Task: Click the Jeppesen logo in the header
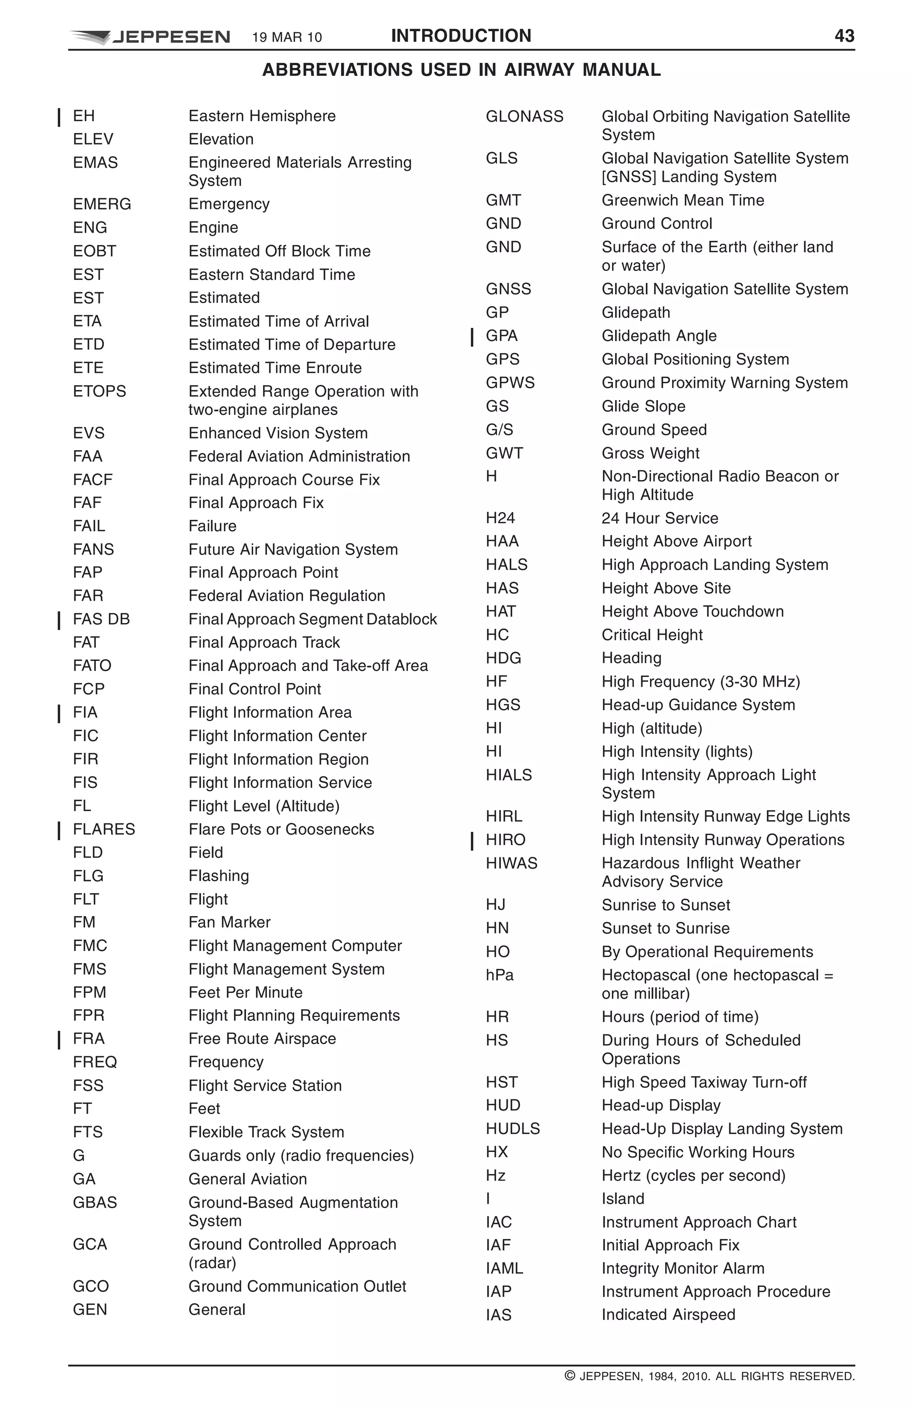(x=150, y=37)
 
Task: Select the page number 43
(x=844, y=36)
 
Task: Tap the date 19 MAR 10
(x=287, y=37)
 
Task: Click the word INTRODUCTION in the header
(x=461, y=36)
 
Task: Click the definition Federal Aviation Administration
(x=299, y=456)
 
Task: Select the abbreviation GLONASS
(x=524, y=116)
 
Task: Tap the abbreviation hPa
(x=499, y=975)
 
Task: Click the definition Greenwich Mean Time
(x=683, y=200)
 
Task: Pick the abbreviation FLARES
(x=104, y=829)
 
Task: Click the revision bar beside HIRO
(x=472, y=840)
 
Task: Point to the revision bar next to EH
(x=59, y=117)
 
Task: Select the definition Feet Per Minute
(x=245, y=992)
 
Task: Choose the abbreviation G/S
(x=499, y=430)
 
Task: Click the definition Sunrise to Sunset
(x=666, y=905)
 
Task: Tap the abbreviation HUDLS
(x=513, y=1129)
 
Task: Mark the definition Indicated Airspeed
(x=668, y=1315)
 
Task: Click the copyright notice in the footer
(x=709, y=1376)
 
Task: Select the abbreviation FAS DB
(x=101, y=619)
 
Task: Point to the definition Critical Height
(x=652, y=635)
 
